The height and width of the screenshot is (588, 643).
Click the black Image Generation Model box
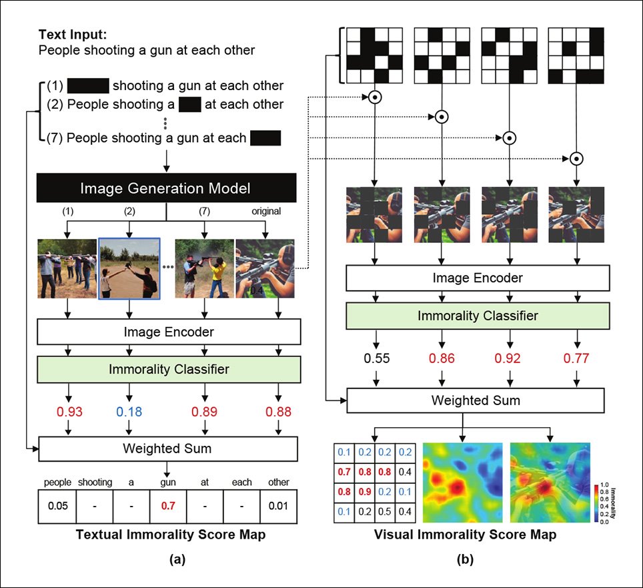[x=167, y=188]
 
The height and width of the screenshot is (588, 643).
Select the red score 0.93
[x=70, y=412]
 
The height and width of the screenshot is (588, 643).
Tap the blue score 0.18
[x=130, y=412]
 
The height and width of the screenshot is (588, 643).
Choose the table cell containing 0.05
[x=57, y=505]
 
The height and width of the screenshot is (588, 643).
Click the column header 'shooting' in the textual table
[x=95, y=482]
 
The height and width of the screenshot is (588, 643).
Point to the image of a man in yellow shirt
[x=204, y=268]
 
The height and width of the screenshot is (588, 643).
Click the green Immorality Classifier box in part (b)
[x=478, y=316]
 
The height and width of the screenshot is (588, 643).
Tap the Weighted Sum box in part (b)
[x=475, y=401]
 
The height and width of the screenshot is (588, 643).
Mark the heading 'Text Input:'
[x=68, y=35]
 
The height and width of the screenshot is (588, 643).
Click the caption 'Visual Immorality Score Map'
[x=465, y=535]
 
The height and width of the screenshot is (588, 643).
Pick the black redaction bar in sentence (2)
[x=190, y=104]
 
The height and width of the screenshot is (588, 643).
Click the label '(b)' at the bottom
[x=465, y=561]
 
